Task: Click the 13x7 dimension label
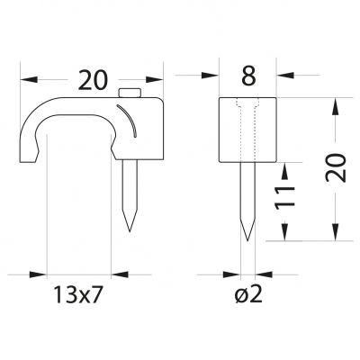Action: [x=78, y=294]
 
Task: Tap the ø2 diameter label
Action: [x=248, y=294]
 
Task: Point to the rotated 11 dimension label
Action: [x=284, y=197]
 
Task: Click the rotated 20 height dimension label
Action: [x=336, y=167]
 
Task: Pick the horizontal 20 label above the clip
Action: [x=93, y=80]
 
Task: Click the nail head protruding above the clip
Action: [x=130, y=93]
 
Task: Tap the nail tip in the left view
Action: [x=130, y=231]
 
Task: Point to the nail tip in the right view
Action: [x=247, y=240]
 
